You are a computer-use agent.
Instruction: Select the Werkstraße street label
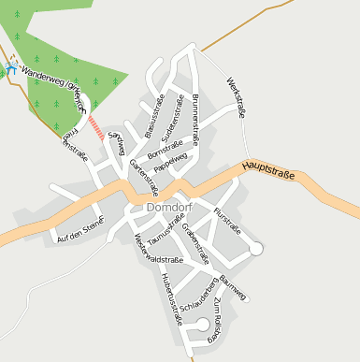click(235, 97)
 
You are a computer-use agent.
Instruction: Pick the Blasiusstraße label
click(153, 117)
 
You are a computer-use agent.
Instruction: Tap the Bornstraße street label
click(165, 147)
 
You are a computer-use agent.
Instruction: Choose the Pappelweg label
click(171, 162)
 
